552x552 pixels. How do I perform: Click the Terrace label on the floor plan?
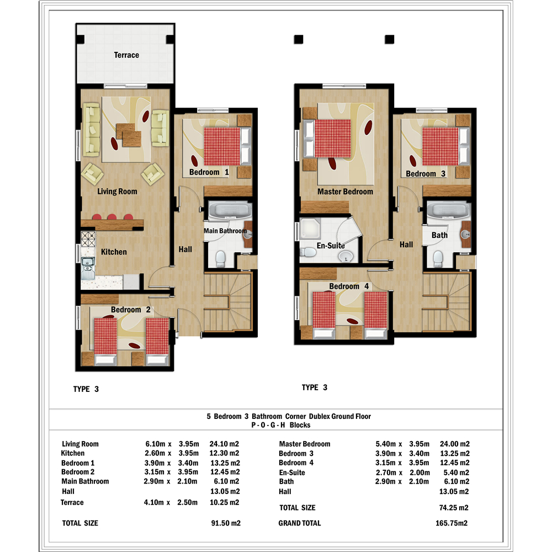point(126,55)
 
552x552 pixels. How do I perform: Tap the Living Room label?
point(117,192)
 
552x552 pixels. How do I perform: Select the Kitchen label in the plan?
point(114,252)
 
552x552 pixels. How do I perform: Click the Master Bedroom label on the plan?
point(345,192)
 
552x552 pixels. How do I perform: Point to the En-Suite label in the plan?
point(331,246)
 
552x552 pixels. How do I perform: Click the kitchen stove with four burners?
point(88,238)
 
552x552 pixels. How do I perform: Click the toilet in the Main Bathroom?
point(220,259)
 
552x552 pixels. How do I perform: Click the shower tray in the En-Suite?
point(310,229)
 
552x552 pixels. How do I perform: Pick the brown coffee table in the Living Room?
point(129,135)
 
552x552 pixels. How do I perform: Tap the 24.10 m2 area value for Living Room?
point(224,444)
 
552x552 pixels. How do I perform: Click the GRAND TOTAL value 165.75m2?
point(452,523)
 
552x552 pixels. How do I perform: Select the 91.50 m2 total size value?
point(226,523)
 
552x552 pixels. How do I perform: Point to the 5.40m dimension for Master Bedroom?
point(385,444)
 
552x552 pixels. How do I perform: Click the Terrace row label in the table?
point(72,502)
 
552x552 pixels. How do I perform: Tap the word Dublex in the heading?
point(319,416)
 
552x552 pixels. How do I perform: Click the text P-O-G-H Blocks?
point(281,425)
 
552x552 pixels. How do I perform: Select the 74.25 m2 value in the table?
point(454,508)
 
